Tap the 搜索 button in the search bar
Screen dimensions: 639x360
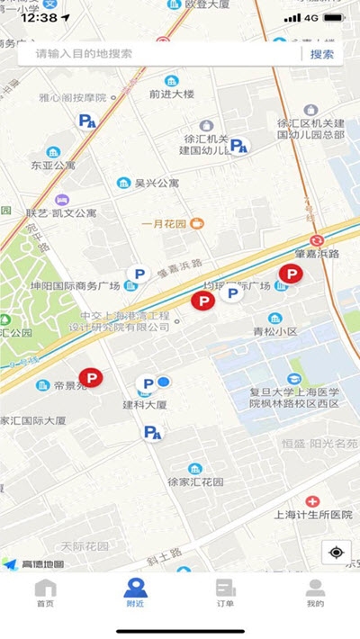(x=321, y=54)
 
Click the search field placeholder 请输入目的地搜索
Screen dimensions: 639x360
(x=84, y=54)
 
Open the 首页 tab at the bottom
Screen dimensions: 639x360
(x=45, y=594)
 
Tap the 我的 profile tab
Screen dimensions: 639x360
(x=315, y=594)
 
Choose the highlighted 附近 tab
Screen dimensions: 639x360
(x=135, y=594)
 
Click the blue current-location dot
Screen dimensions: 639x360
(x=164, y=382)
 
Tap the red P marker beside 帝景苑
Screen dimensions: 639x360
(x=91, y=379)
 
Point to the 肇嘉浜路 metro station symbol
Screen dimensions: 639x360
(x=317, y=240)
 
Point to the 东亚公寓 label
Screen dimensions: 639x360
(x=53, y=166)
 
